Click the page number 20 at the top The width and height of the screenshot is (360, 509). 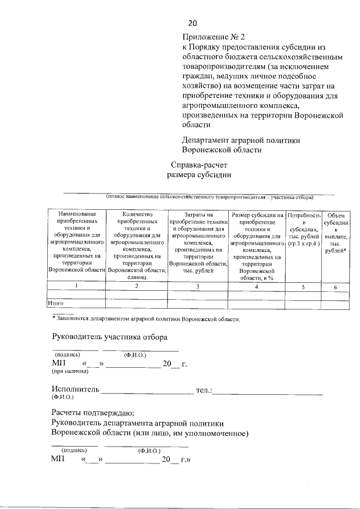tap(192, 24)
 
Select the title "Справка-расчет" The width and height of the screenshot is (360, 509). tap(200, 165)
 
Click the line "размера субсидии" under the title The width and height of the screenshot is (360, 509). tap(200, 175)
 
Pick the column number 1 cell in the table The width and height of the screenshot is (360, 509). tap(76, 286)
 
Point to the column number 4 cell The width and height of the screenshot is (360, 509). tap(256, 287)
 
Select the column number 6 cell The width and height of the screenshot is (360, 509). tap(335, 287)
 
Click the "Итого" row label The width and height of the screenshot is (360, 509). tap(55, 304)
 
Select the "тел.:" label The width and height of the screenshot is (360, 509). tap(203, 390)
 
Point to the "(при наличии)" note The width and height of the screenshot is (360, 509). tap(70, 372)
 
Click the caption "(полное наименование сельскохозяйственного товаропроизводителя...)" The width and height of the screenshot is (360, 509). tap(210, 197)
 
